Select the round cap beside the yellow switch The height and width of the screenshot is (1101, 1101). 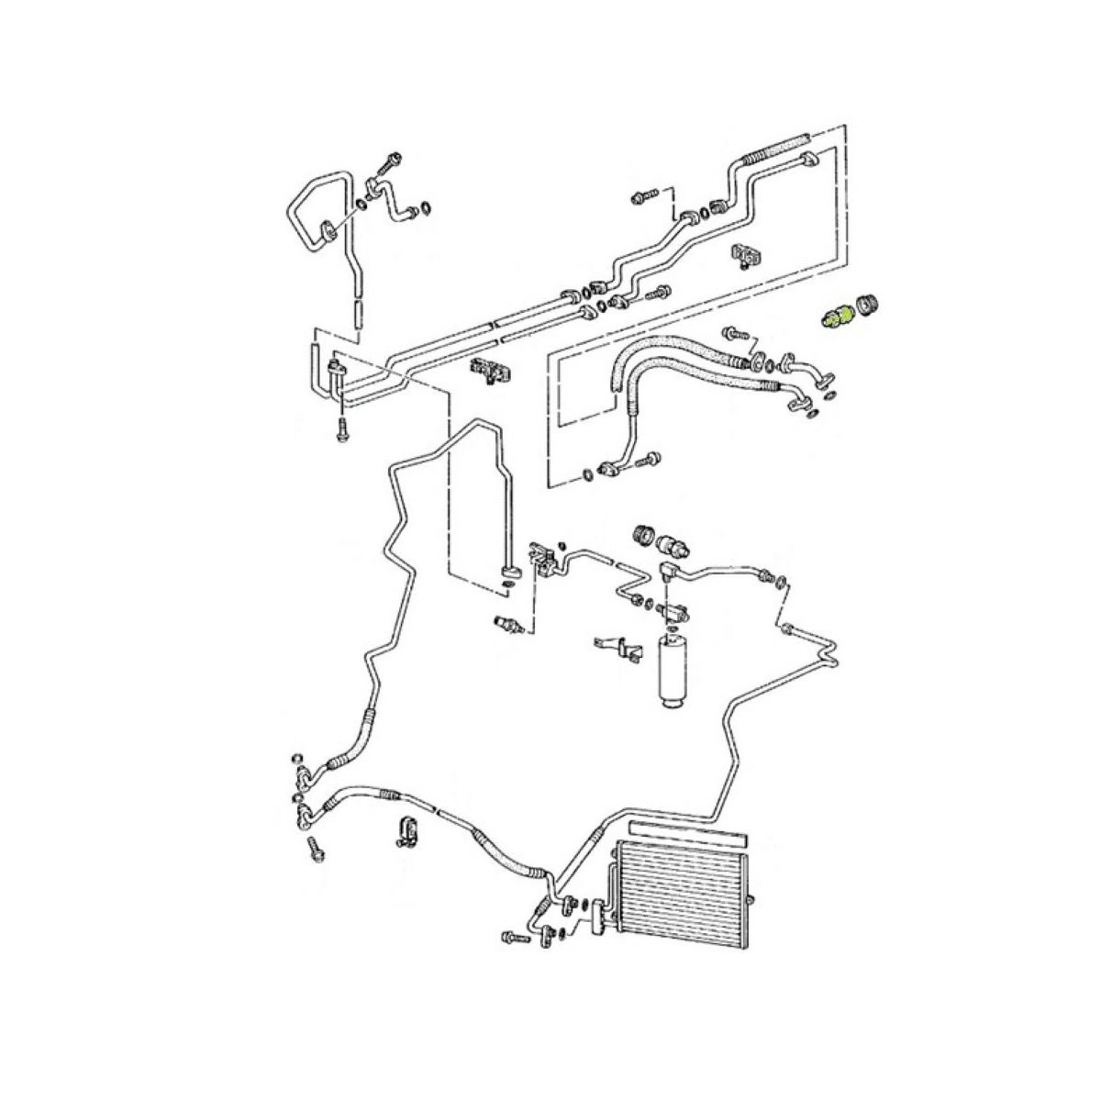[864, 306]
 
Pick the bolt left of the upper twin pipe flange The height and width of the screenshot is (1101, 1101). [643, 195]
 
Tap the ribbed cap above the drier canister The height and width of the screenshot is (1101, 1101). [646, 533]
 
